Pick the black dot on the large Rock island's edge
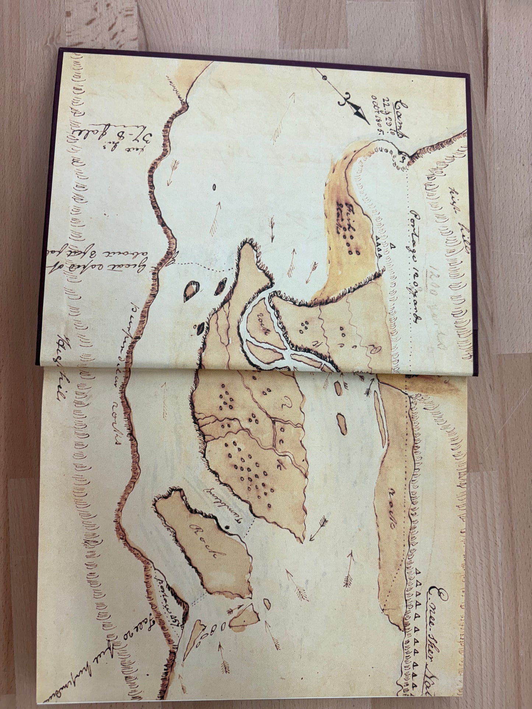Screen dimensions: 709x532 point(227,527)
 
